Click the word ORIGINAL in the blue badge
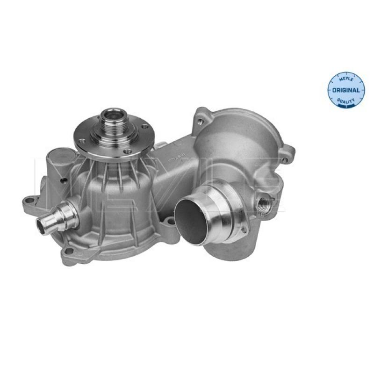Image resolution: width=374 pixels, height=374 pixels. coord(347,90)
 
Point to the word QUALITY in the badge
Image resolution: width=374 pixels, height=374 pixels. coord(347,101)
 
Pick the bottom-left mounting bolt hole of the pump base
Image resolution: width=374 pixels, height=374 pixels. coord(69,252)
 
